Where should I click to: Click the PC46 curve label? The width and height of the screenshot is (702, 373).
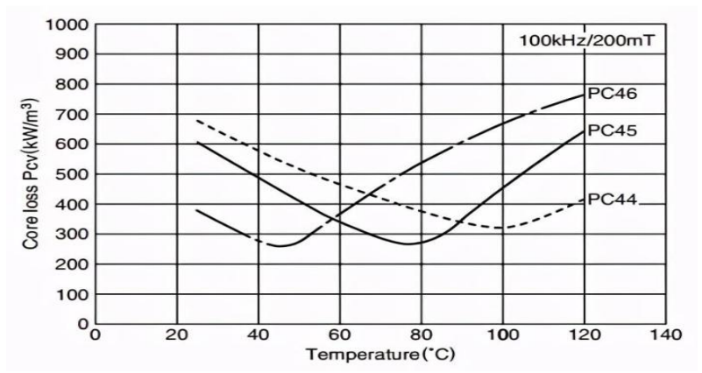point(612,93)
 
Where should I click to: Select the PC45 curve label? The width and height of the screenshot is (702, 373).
point(612,130)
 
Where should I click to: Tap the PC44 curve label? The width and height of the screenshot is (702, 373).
point(612,200)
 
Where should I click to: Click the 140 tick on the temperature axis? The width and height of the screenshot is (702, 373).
point(664,336)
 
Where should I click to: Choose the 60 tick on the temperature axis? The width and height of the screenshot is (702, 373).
point(339,336)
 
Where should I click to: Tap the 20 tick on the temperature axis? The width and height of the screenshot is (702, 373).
point(177,336)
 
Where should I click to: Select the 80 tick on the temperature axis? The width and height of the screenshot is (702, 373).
point(421,336)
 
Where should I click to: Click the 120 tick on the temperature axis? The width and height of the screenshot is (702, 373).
point(583,336)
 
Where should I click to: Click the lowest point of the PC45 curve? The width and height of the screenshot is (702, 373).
point(408,243)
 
